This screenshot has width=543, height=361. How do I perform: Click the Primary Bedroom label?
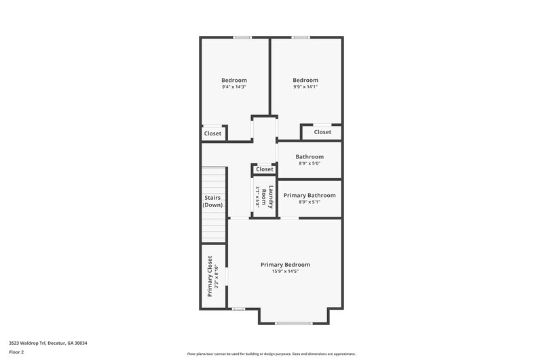point(285,264)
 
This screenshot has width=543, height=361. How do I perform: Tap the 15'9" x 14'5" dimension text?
point(285,272)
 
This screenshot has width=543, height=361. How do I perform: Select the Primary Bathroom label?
point(310,195)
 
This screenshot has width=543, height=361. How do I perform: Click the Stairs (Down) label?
point(213,201)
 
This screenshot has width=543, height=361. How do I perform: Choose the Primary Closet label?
point(210,276)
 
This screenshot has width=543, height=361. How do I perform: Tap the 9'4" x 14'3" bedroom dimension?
point(234,87)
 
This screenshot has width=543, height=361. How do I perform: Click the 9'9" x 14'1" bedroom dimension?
point(305,87)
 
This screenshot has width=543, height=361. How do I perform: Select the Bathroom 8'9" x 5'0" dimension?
point(310,163)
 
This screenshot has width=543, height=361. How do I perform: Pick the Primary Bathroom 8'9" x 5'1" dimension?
point(310,202)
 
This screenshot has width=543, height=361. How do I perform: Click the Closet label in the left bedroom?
point(213,133)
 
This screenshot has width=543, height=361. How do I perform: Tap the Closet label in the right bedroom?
point(323,132)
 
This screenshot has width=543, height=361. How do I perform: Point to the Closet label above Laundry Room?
point(265,169)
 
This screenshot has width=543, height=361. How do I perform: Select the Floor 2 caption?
point(16,352)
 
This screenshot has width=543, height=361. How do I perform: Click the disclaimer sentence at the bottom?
point(271,354)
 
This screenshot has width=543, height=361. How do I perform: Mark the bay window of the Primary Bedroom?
point(293,323)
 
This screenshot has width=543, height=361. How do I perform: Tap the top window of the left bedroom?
point(242,37)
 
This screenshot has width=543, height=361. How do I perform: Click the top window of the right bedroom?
point(301,37)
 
